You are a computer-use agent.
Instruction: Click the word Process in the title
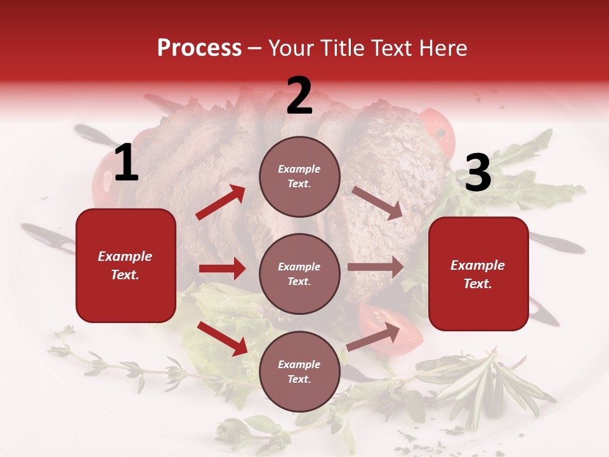pos(199,48)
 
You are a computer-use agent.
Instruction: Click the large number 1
pos(126,164)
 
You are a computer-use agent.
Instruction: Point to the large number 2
pos(299,96)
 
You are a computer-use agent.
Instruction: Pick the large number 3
pos(478,173)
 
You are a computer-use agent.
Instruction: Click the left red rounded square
pos(126,265)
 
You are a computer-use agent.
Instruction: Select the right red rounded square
pos(478,274)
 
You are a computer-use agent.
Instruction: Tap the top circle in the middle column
pos(299,176)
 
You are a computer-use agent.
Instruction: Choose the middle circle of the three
pos(299,274)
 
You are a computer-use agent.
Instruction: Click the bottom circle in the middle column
pos(299,371)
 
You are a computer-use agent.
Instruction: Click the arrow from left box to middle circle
pos(222,268)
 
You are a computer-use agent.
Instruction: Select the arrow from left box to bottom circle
pos(222,338)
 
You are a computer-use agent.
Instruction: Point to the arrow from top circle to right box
pos(377,203)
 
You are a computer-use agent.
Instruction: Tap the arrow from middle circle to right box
pos(376,267)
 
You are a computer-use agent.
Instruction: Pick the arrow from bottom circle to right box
pos(373,337)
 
